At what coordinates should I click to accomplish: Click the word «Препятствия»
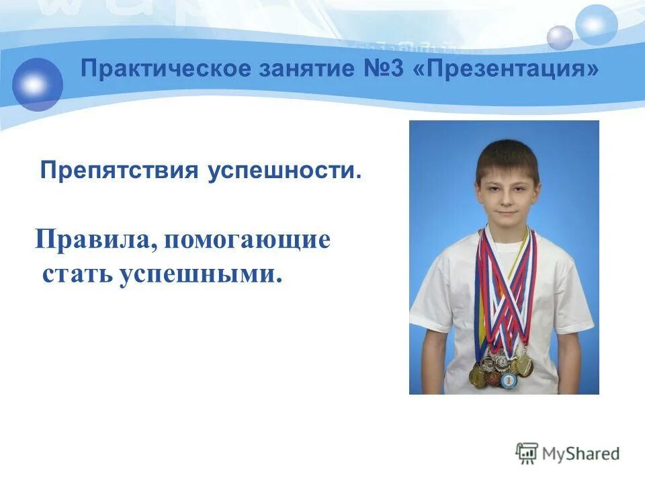pyautogui.click(x=118, y=171)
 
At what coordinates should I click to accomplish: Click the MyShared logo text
pyautogui.click(x=583, y=454)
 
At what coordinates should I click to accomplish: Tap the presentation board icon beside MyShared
pyautogui.click(x=527, y=453)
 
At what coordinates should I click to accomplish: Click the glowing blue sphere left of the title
pyautogui.click(x=38, y=84)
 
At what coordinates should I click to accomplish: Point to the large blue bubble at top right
pyautogui.click(x=596, y=25)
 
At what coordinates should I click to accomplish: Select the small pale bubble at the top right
pyautogui.click(x=560, y=38)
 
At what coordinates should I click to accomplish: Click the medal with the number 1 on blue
pyautogui.click(x=509, y=380)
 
